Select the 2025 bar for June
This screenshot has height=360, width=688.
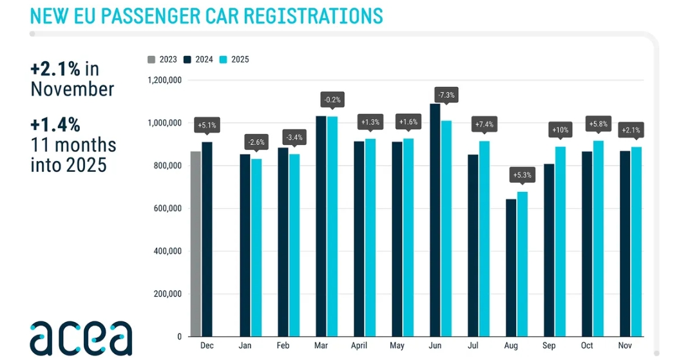click(x=446, y=228)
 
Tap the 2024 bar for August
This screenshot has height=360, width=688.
click(x=511, y=267)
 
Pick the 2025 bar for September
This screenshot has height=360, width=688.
click(x=560, y=242)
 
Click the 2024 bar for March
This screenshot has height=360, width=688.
click(x=321, y=226)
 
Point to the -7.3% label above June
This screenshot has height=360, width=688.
click(x=446, y=95)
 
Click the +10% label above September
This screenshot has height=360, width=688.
click(x=560, y=130)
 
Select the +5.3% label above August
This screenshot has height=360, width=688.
click(x=522, y=175)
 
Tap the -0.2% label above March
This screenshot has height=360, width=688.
click(x=332, y=100)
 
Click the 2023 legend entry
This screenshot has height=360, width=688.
click(x=163, y=60)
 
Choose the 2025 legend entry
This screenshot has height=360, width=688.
click(x=234, y=60)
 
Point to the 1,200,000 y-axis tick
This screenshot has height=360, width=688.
click(x=164, y=81)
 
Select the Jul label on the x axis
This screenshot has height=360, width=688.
click(x=472, y=346)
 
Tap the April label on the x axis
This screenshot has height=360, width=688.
click(x=359, y=346)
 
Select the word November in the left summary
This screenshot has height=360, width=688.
click(x=72, y=89)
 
